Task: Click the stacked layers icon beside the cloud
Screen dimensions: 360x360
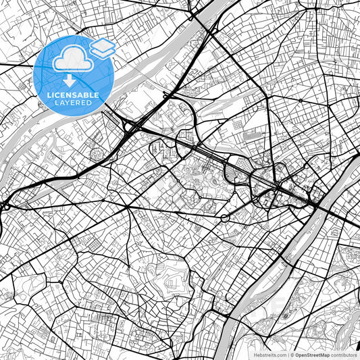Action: [103, 47]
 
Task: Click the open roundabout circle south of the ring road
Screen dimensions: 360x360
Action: [224, 218]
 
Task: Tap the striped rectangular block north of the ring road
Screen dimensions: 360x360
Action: [251, 135]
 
